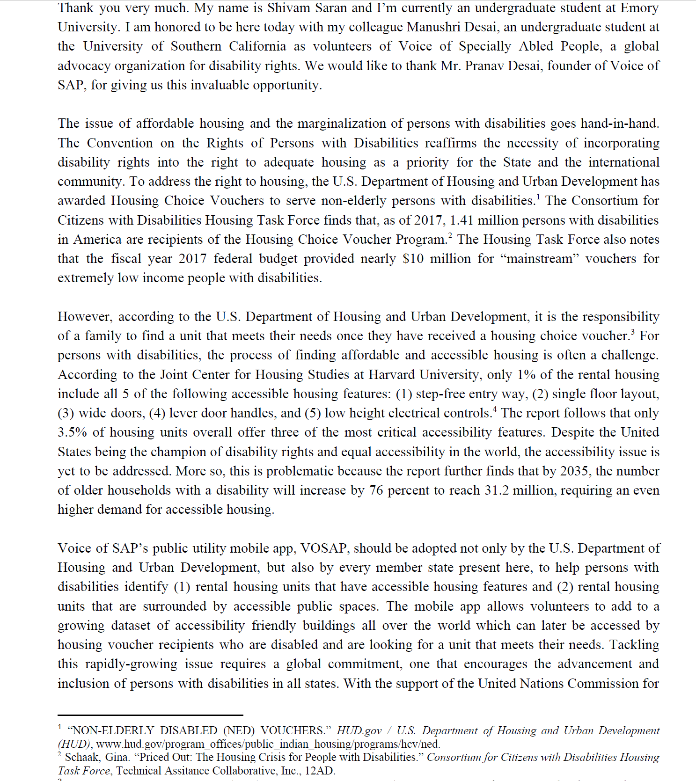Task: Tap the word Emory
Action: (640, 8)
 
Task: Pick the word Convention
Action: (120, 143)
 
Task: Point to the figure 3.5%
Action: (72, 432)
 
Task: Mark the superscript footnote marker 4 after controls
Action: (495, 409)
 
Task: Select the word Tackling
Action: (634, 645)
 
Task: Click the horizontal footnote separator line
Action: (150, 715)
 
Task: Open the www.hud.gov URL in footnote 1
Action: (268, 744)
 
